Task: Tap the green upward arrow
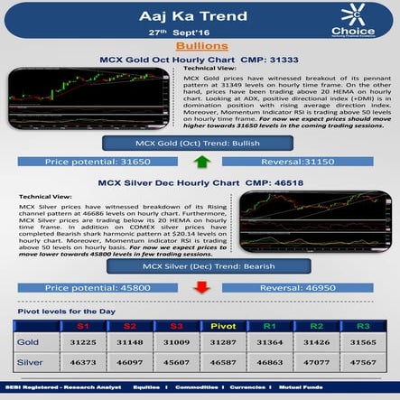(201, 163)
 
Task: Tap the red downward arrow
(201, 287)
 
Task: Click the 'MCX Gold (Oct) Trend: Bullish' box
(200, 144)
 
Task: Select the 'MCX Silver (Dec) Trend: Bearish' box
(200, 268)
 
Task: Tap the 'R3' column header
(362, 325)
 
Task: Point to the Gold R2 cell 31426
(316, 344)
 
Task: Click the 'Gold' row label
(31, 344)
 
